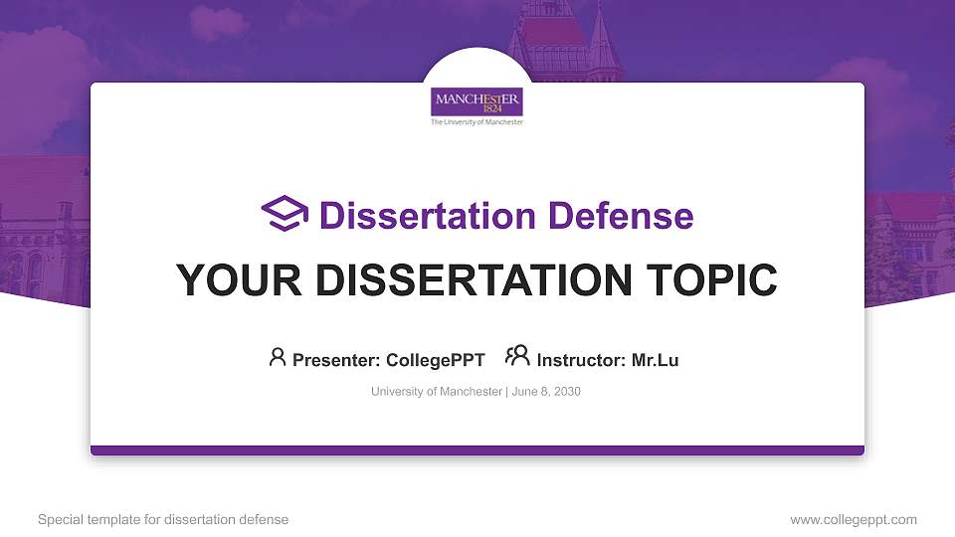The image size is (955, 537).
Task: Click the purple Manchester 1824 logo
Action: tap(477, 102)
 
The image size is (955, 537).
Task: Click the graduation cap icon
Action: tap(285, 215)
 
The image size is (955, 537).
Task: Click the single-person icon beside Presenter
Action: tap(278, 358)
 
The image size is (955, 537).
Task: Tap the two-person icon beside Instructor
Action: tap(517, 358)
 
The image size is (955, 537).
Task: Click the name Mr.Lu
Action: tap(655, 360)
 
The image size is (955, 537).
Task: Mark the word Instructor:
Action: tap(581, 360)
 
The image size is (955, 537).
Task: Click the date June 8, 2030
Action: tap(546, 392)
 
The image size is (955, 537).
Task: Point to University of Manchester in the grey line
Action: tap(437, 392)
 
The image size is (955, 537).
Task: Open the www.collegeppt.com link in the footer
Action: tap(854, 519)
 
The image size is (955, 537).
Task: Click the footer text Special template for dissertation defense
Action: tap(163, 519)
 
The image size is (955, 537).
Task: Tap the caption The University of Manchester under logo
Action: tap(477, 122)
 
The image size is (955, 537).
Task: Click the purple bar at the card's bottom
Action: tap(477, 450)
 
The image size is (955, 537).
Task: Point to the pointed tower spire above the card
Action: tap(602, 40)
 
